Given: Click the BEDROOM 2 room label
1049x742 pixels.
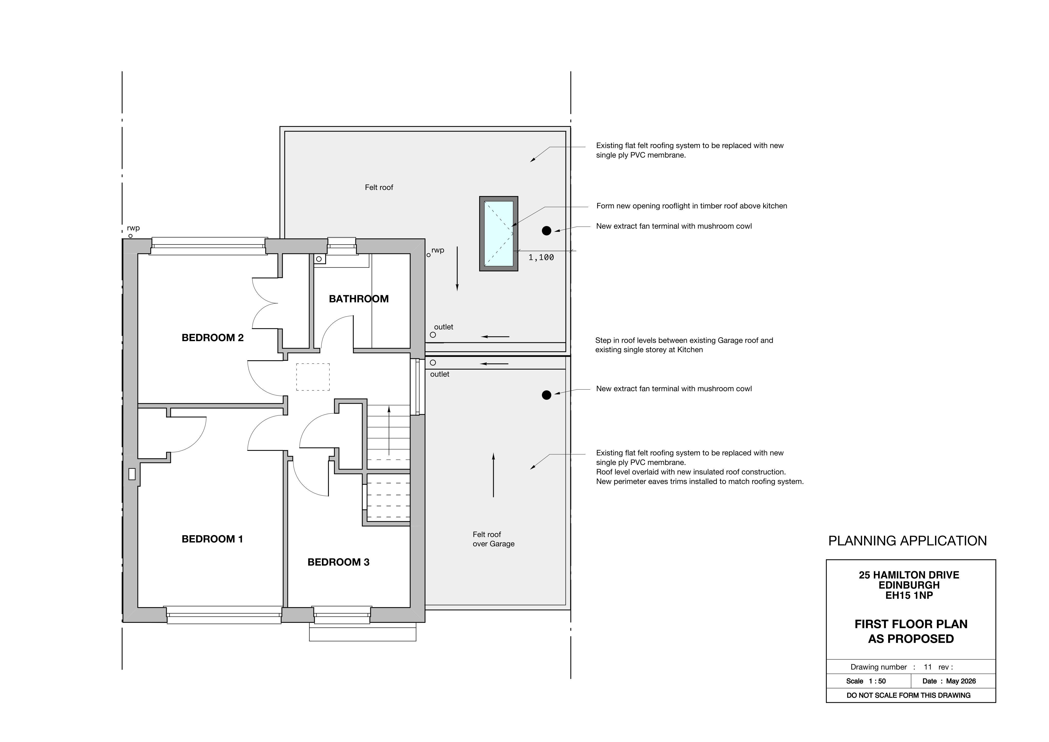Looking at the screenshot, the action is click(213, 338).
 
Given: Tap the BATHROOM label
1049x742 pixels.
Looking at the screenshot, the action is click(359, 299).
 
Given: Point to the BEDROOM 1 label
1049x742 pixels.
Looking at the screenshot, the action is click(212, 539).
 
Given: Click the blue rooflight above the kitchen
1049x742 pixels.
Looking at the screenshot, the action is click(498, 233).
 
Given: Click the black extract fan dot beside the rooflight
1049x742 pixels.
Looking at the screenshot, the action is click(547, 231).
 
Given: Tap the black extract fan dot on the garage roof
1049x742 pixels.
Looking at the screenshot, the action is click(547, 395).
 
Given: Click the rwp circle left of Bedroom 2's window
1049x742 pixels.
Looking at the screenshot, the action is click(130, 236).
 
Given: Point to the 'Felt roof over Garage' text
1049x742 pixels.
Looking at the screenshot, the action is click(494, 539).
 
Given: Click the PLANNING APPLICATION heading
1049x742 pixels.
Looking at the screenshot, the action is click(907, 541).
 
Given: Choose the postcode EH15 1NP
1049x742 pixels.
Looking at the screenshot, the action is click(909, 595).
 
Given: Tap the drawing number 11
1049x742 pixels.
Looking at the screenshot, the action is click(927, 667).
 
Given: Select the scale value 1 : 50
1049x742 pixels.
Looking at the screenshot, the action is click(877, 681).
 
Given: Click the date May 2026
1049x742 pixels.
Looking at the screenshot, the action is click(961, 681).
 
